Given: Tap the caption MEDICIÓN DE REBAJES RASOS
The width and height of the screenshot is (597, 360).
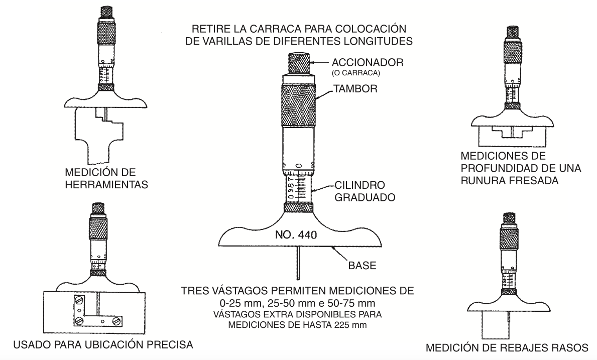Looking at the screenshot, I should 507,347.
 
